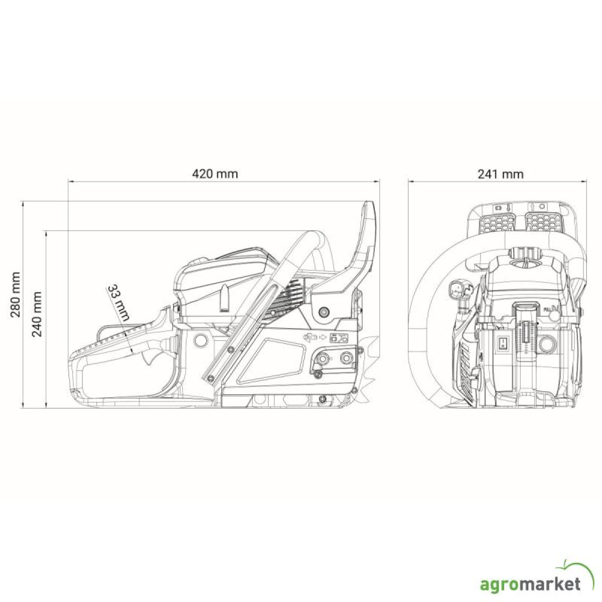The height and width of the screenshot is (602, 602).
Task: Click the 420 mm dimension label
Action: (x=215, y=174)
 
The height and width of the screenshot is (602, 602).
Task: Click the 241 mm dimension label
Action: (x=501, y=174)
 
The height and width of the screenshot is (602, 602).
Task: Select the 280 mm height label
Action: (x=16, y=294)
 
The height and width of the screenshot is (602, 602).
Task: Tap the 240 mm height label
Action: (x=37, y=314)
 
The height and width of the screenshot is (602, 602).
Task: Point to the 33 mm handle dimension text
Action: (x=118, y=303)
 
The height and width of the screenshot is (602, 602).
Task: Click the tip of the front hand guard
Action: (x=368, y=203)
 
